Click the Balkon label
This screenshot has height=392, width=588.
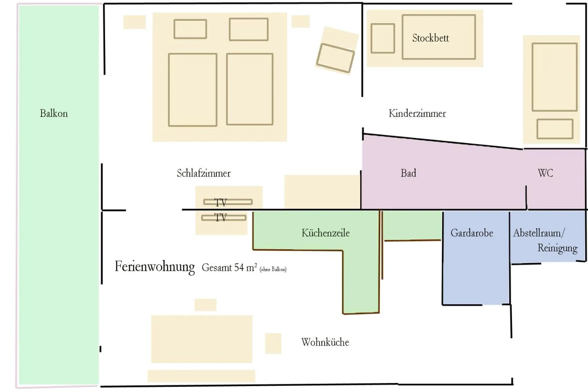point(54,113)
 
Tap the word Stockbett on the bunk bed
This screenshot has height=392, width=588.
point(430,38)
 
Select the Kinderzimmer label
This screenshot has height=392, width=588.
point(417,113)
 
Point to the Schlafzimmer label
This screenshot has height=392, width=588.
point(204,173)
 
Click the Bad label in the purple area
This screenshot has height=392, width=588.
point(408,173)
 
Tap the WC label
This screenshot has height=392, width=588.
point(545,173)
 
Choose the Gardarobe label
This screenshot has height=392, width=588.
point(472,233)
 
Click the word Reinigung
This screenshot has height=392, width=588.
point(557,248)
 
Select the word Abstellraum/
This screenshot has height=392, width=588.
point(539,233)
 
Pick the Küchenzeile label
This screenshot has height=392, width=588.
point(326,233)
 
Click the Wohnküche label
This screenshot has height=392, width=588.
point(325,342)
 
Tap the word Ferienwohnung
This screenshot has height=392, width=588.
point(155,267)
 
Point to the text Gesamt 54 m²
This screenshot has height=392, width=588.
point(229,268)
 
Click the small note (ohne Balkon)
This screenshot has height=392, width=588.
point(273,269)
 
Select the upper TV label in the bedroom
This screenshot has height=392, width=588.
point(221,202)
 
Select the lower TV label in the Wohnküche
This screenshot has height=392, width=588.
point(221,217)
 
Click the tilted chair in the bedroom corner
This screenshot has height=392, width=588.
point(336,58)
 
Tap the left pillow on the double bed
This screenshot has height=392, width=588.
point(190,29)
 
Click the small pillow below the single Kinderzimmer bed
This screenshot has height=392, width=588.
point(555,129)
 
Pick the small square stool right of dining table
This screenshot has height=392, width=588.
point(273,343)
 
